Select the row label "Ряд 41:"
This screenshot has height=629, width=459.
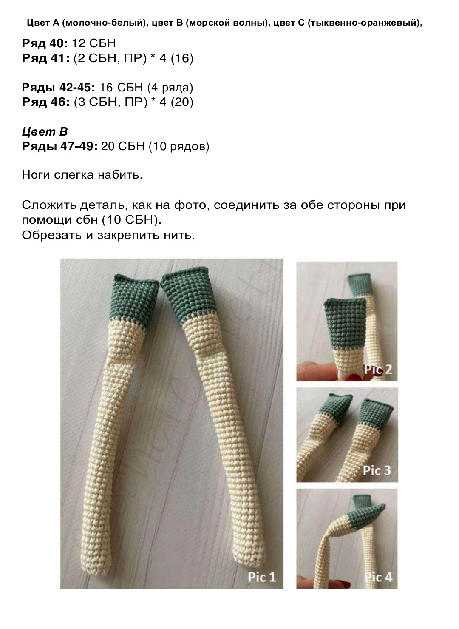45,58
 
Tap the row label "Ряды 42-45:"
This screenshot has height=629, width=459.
58,88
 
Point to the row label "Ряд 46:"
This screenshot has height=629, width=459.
45,102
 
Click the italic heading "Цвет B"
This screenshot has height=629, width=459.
45,132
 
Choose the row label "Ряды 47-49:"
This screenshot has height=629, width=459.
59,147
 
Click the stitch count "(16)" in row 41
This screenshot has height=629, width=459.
182,58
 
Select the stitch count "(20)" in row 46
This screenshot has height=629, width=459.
182,102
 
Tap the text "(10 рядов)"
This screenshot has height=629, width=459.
179,147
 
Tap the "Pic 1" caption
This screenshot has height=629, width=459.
262,577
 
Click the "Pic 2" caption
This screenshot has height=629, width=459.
378,369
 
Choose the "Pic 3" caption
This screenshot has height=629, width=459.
377,470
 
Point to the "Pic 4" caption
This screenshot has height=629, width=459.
378,577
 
